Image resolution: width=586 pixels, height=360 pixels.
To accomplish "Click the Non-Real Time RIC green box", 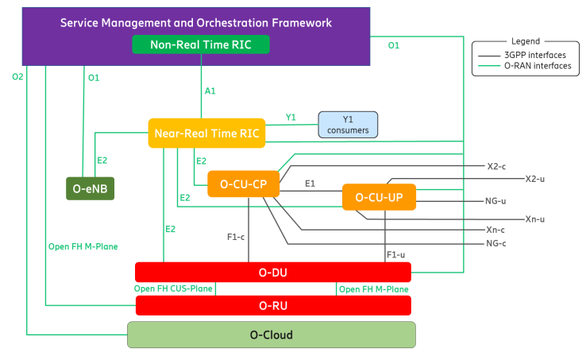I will (200, 45).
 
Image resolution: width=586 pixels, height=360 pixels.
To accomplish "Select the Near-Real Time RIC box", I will (206, 133).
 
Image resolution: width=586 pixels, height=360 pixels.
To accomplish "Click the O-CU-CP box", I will (243, 185).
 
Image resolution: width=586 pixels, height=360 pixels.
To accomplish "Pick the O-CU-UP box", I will (379, 197).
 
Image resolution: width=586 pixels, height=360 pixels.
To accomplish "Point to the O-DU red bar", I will (273, 272).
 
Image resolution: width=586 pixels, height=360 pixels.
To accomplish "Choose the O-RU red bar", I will (273, 305).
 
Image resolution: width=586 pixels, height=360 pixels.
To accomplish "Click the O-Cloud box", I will (272, 335).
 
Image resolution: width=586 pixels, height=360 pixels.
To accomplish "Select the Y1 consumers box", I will (349, 124).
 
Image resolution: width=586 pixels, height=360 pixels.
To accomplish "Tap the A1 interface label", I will (210, 91).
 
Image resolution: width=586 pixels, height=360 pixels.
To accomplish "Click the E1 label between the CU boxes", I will (310, 183).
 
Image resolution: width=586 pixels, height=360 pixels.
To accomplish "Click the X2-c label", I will (497, 167).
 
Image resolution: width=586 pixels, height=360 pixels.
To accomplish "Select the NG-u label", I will (495, 200).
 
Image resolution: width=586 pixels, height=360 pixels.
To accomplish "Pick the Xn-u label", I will (535, 219).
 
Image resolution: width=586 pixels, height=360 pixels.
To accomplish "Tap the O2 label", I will (17, 76).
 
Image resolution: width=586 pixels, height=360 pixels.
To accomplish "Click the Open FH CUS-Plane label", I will (174, 288).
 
